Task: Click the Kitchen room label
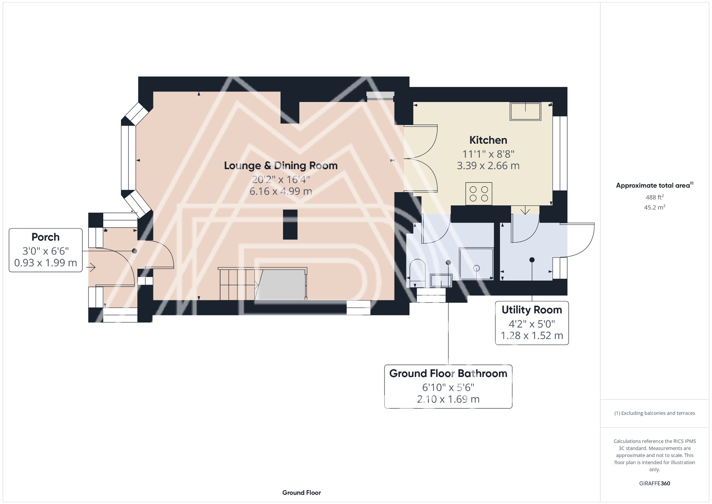coord(488,140)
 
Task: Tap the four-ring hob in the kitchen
coord(479,194)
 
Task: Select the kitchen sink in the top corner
coord(525,111)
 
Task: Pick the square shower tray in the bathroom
coord(476,264)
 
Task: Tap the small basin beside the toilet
coord(441,281)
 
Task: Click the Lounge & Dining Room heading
coord(281,166)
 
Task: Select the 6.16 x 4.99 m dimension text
coord(281,191)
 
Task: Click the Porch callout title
coord(46,237)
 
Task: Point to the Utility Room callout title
coord(532,310)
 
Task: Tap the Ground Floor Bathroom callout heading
coord(448,373)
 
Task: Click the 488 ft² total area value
coord(655,197)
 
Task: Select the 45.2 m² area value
coord(655,207)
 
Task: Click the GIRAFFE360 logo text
coord(655,483)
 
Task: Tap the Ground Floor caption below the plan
coord(301,493)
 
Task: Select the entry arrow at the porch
coord(91,267)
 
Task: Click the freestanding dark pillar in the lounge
coord(290,225)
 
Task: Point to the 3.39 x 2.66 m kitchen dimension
coord(488,166)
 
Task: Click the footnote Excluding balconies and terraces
coord(655,413)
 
